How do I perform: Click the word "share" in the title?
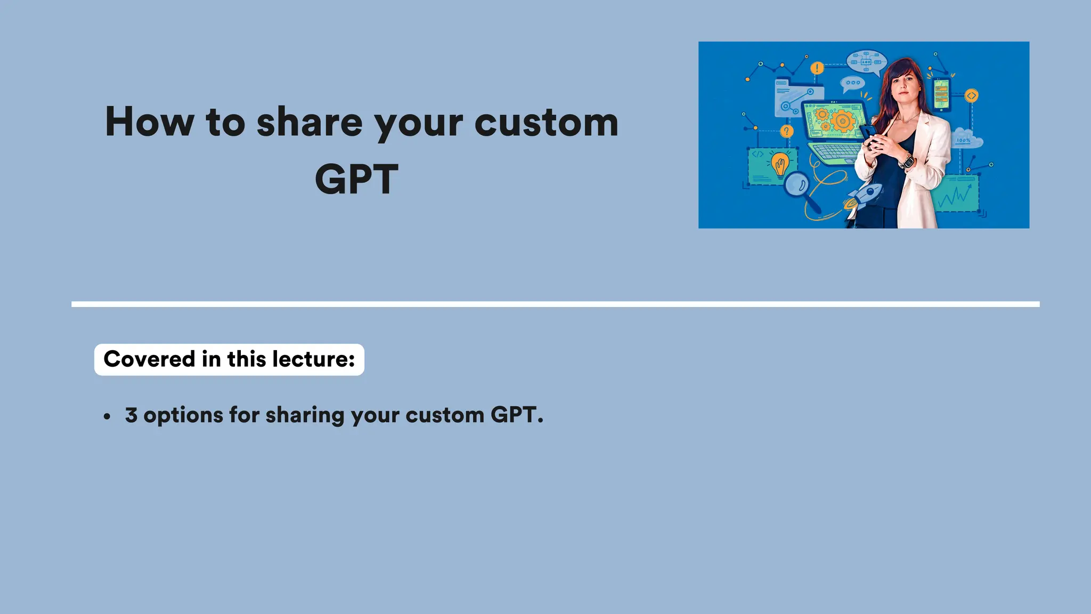tap(310, 123)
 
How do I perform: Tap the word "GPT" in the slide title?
tap(356, 180)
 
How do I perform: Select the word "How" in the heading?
tap(150, 122)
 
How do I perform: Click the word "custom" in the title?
tap(546, 123)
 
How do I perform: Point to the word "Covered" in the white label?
tap(149, 359)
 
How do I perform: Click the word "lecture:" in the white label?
tap(313, 359)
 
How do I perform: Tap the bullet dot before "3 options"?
tap(108, 417)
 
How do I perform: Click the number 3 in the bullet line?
tap(131, 415)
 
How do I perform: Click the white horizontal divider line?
tap(555, 304)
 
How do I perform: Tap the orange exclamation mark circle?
tap(817, 68)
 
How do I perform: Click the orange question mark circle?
tap(786, 131)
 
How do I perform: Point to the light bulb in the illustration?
tap(780, 165)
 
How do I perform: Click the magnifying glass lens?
tap(797, 185)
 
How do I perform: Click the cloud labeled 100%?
tap(966, 140)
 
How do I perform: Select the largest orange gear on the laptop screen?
tap(842, 120)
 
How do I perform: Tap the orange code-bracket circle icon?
tap(972, 96)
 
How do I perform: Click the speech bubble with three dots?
tap(852, 83)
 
